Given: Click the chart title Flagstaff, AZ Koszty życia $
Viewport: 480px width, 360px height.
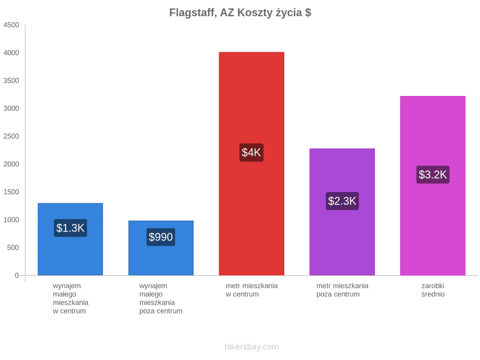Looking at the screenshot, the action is coord(240,13).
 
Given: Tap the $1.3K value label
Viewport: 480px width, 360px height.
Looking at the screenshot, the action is coord(70,228).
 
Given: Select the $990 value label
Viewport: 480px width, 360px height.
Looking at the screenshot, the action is coord(161,237).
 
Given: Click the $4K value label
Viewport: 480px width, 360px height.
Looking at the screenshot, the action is coord(251,153).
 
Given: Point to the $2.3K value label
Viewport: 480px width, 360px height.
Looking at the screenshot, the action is coord(342,201).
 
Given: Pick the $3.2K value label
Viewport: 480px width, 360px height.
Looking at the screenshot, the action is coord(433,174).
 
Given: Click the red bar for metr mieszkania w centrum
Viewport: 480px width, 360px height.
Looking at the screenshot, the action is coord(251,164).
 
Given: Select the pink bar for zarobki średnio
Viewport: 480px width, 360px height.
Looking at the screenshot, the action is coord(433,186).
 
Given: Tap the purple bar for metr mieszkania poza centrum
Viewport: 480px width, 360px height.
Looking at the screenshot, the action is coord(342,212).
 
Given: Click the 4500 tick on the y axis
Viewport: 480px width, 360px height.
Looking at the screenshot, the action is coord(11,25).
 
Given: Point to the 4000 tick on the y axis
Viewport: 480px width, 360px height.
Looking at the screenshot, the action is coord(11,53).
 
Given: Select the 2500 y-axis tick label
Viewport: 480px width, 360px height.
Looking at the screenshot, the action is coord(11,136).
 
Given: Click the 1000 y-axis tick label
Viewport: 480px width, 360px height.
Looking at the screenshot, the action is coord(11,220).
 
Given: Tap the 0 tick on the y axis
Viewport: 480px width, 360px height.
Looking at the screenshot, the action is coord(17,276).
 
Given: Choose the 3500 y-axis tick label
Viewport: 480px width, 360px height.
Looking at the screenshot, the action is coord(11,81).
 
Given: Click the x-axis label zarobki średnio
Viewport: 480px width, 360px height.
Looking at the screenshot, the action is coord(433,290).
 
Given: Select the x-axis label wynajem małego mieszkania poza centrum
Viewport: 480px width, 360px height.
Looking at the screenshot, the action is coord(161,299).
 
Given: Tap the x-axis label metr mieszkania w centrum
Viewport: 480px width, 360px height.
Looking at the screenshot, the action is coord(252,290).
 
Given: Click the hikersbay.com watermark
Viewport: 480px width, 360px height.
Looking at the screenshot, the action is coord(252,347).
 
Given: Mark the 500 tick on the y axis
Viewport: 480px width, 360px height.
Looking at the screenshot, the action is coord(13,247).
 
